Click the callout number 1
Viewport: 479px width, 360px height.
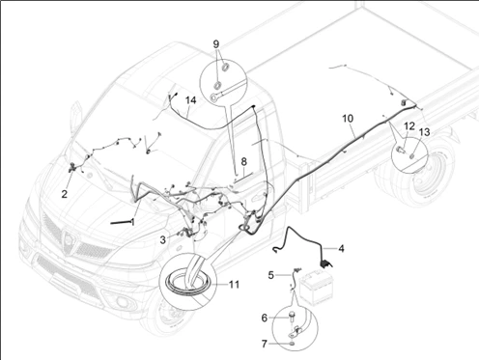[132, 222]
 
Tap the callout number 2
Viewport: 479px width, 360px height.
[65, 194]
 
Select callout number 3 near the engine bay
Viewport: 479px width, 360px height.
[163, 239]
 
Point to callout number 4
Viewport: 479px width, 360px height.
[341, 249]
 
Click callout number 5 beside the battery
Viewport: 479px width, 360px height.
[271, 275]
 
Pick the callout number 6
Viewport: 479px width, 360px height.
[265, 318]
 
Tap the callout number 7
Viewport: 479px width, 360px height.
[265, 344]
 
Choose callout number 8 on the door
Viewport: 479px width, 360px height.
[243, 161]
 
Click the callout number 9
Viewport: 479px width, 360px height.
[216, 43]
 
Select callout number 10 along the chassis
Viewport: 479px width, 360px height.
[348, 119]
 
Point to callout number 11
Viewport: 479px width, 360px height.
[234, 285]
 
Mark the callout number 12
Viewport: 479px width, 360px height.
[409, 126]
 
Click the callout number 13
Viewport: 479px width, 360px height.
[425, 132]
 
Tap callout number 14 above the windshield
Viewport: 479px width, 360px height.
[190, 100]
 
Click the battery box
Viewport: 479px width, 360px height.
[317, 287]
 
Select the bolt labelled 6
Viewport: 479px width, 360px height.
[293, 317]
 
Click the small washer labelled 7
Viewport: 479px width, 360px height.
[292, 344]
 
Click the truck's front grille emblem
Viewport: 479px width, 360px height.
[68, 241]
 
